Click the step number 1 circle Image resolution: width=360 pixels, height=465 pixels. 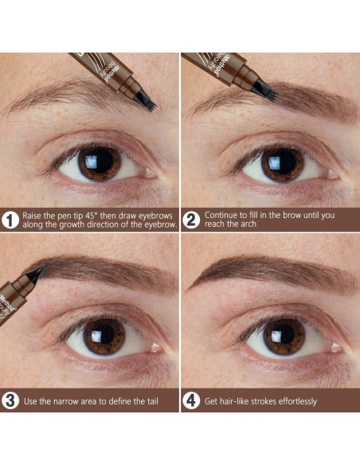(11, 221)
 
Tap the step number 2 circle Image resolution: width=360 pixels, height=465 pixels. (192, 221)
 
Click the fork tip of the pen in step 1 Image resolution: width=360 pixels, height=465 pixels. (145, 101)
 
